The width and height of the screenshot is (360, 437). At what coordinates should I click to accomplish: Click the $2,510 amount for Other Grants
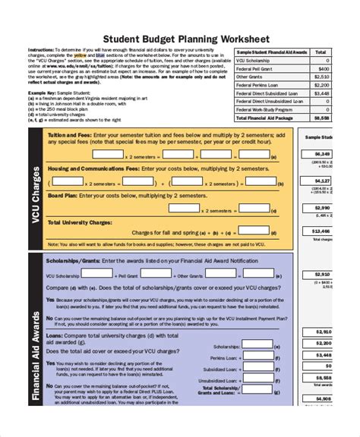click(321, 77)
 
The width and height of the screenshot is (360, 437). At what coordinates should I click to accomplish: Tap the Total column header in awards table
click(321, 52)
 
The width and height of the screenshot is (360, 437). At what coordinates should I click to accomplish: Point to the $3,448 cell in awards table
click(321, 93)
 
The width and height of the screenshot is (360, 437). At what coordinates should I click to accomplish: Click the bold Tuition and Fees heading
click(68, 134)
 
